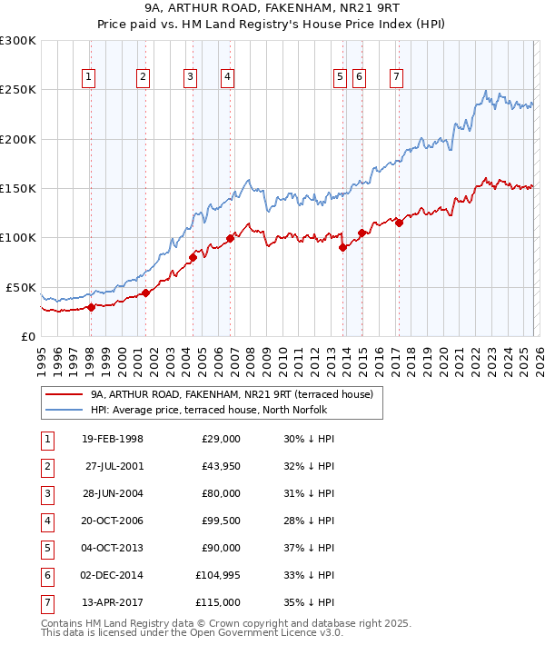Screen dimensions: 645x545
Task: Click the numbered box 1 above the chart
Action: click(88, 78)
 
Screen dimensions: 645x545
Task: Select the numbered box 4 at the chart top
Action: click(226, 78)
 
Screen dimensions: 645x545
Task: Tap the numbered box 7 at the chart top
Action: click(397, 78)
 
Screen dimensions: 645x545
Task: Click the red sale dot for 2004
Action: click(193, 258)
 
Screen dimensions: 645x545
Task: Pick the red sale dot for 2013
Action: click(342, 247)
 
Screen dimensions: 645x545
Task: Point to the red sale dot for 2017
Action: click(399, 223)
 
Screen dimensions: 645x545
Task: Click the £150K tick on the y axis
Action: click(18, 189)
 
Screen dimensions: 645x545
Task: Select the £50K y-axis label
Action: click(21, 287)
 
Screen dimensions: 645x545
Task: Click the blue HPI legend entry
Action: click(213, 410)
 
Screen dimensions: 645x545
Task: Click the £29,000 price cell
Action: click(221, 439)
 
